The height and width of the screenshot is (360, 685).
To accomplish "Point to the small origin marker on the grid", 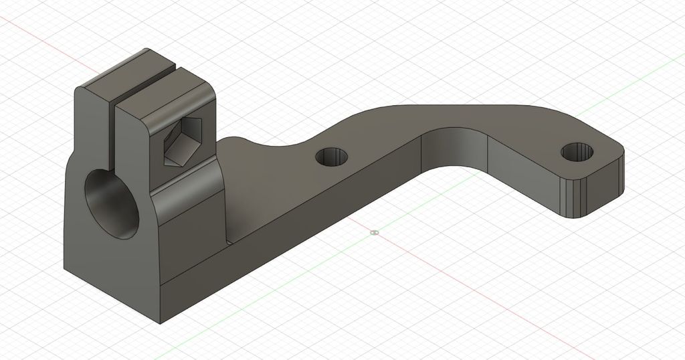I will pos(374,232).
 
